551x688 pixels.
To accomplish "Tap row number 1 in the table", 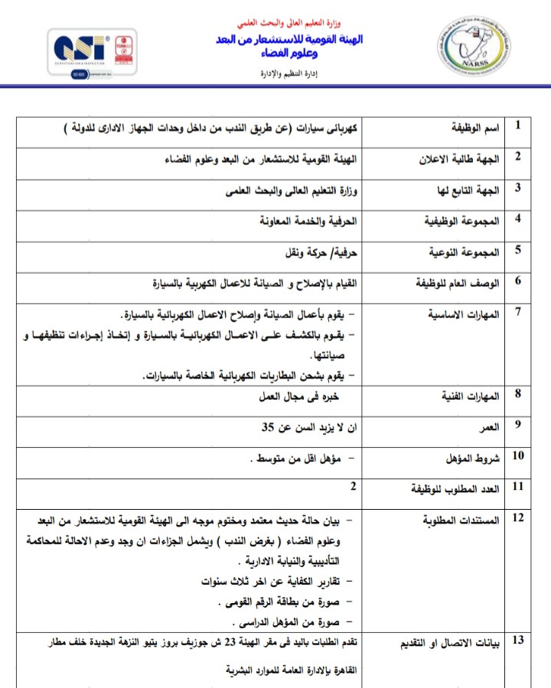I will click(518, 125).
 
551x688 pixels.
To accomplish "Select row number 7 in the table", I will click(518, 311).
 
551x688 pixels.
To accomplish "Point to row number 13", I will click(518, 640).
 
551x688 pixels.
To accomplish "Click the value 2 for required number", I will click(354, 485).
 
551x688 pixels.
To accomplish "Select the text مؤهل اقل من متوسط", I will click(295, 459).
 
